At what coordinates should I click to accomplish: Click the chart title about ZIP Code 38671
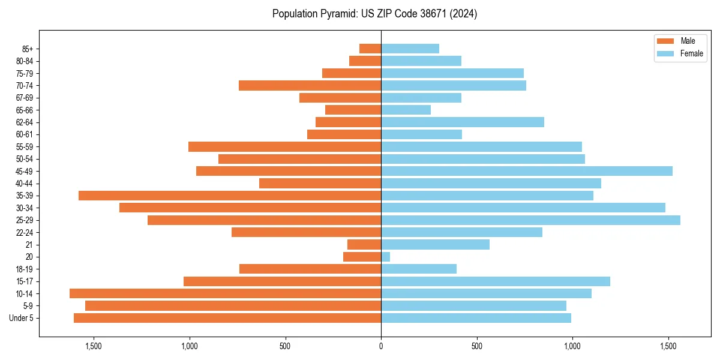tap(374, 14)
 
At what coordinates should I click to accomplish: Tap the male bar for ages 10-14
tap(225, 293)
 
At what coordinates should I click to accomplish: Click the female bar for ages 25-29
tap(530, 220)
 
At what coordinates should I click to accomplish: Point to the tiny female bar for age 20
tap(385, 257)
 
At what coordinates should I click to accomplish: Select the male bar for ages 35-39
tap(230, 196)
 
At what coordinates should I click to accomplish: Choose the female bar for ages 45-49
tap(526, 171)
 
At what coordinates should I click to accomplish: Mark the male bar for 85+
tap(370, 49)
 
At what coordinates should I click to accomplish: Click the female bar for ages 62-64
tap(462, 122)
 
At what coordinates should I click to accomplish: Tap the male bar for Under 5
tap(227, 318)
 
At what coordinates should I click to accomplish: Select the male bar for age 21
tap(364, 245)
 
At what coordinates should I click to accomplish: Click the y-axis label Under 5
tap(22, 318)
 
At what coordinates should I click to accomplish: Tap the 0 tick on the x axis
tap(381, 346)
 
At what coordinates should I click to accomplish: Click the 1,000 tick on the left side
tap(189, 346)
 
